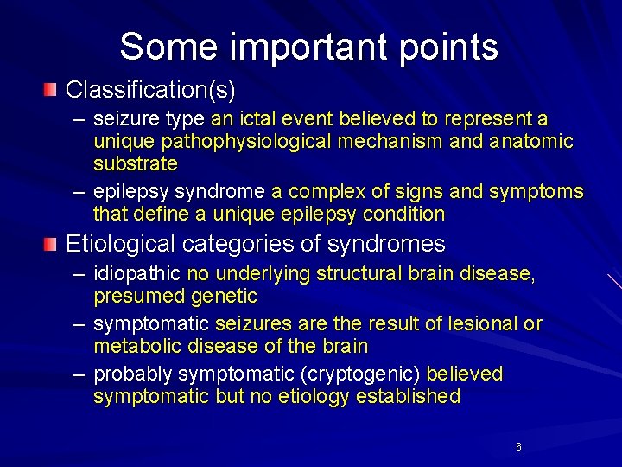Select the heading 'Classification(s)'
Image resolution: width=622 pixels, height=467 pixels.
click(150, 89)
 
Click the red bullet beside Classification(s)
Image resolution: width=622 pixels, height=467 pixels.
click(53, 89)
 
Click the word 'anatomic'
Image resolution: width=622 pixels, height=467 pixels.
click(532, 140)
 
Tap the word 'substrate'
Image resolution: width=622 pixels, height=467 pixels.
click(135, 163)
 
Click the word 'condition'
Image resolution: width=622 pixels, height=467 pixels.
click(405, 214)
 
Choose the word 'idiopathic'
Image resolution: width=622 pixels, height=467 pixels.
click(137, 274)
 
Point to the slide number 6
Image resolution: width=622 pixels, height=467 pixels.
click(518, 447)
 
